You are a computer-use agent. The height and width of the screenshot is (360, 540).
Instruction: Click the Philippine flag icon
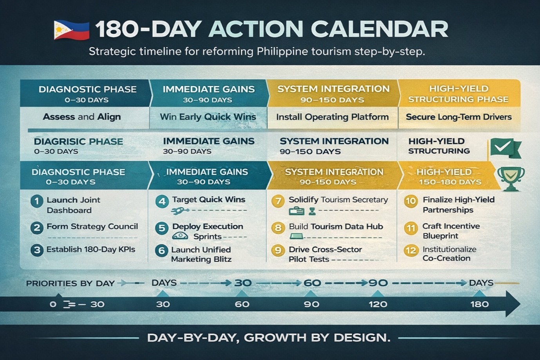(72, 31)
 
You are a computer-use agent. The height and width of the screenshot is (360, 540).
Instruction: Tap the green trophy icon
(511, 179)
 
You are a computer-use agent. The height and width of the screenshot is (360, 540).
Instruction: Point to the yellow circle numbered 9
(278, 250)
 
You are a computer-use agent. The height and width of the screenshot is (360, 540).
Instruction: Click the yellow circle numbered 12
(411, 251)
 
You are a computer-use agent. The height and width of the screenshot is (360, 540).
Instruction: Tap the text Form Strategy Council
(92, 226)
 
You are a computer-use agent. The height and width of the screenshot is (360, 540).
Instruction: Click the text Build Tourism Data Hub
(336, 226)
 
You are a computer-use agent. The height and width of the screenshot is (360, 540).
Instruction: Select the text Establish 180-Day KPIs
(91, 250)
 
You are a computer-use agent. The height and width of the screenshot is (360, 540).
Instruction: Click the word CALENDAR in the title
(380, 29)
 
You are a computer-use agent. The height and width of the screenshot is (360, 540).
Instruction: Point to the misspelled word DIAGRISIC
(60, 141)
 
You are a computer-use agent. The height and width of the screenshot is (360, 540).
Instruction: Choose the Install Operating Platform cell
(332, 118)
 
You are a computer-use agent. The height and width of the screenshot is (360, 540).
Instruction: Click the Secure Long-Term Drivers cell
(459, 118)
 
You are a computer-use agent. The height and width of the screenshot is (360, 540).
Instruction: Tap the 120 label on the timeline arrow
(378, 304)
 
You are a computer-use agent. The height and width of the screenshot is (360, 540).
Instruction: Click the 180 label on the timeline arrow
(480, 304)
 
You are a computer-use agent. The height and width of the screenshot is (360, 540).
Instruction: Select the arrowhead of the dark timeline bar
(513, 304)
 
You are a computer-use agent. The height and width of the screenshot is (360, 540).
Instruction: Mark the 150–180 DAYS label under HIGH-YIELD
(450, 182)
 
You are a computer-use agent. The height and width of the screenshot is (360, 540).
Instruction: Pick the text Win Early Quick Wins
(208, 117)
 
